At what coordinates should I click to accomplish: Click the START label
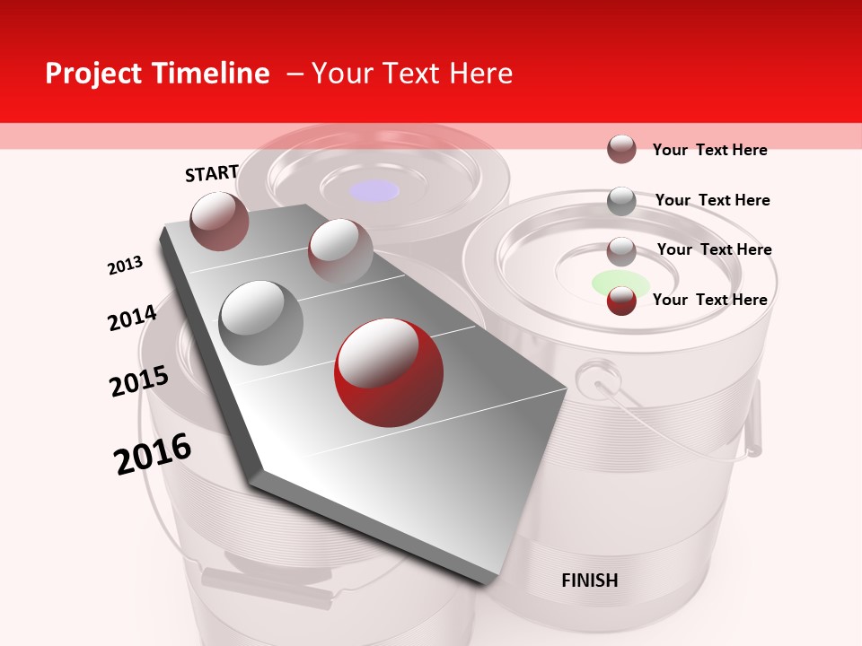212,173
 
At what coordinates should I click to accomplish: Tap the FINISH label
589,581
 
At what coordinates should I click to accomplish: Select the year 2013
125,266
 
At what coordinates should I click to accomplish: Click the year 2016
153,454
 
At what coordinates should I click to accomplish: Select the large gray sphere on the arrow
261,322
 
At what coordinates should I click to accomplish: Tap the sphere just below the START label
220,221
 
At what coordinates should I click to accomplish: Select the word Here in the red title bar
480,74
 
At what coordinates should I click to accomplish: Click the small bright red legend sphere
621,301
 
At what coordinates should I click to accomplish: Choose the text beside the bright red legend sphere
709,300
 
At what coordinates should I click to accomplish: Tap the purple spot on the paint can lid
374,190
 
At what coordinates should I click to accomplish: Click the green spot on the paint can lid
620,282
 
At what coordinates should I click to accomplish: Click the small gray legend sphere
621,201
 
